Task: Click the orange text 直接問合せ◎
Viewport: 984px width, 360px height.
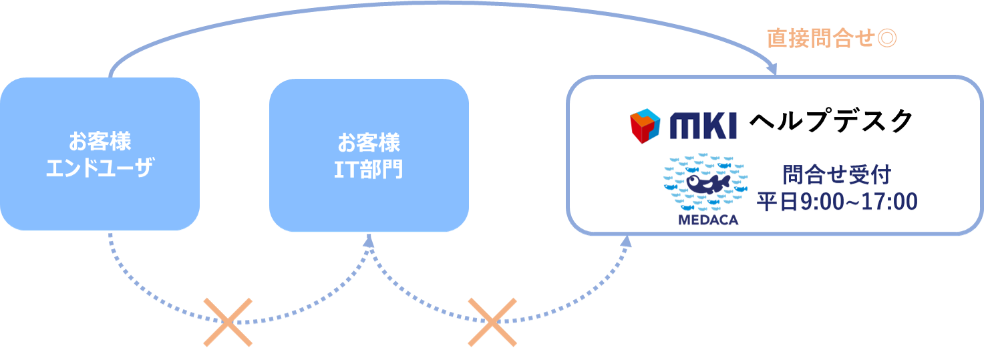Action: [x=832, y=39]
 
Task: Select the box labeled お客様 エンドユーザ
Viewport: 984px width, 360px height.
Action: [x=100, y=154]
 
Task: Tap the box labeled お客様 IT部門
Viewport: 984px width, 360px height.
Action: [x=369, y=156]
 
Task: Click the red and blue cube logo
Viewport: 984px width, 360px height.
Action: [x=645, y=126]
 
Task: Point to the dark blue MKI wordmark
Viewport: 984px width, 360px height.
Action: [x=703, y=126]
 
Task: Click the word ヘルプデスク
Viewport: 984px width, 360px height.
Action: [x=832, y=121]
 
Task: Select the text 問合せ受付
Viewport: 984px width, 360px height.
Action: [x=837, y=175]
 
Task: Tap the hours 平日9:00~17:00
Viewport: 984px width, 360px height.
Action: [x=837, y=202]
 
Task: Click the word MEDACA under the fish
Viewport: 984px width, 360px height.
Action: [x=708, y=220]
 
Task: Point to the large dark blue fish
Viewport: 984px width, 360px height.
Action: [x=707, y=183]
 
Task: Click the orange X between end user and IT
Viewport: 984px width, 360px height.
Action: [x=228, y=322]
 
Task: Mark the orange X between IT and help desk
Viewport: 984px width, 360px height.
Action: [x=492, y=322]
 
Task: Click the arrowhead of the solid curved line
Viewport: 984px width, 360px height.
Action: [x=772, y=69]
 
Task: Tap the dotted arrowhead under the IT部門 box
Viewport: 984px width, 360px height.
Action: [x=369, y=240]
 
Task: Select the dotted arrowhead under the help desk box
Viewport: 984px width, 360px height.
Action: [x=627, y=242]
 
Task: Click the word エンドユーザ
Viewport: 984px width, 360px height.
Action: [x=100, y=168]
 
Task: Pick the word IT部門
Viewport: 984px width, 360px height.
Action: [x=369, y=170]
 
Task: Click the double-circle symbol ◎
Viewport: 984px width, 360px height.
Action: [x=887, y=39]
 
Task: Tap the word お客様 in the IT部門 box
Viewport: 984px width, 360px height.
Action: [x=369, y=143]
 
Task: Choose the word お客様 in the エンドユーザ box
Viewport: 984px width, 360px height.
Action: [x=100, y=141]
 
